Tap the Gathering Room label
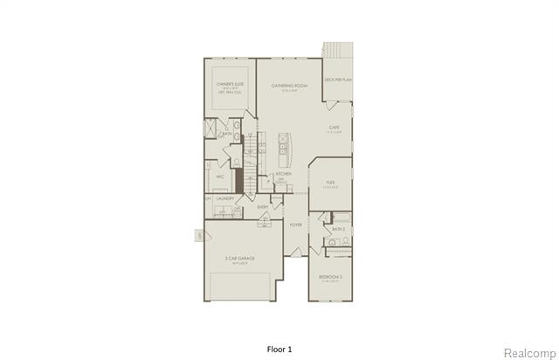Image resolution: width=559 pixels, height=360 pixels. coord(290,86)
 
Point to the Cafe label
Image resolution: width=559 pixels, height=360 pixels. coord(334,128)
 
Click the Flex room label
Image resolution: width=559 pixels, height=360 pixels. coord(330,185)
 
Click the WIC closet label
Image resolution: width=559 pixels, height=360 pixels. coord(221,177)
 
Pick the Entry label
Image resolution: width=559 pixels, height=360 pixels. coord(262,207)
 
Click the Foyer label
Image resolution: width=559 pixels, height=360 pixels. coord(296,225)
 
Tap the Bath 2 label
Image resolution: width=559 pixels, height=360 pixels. coord(338,229)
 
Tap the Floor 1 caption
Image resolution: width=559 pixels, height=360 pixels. coord(279,348)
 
